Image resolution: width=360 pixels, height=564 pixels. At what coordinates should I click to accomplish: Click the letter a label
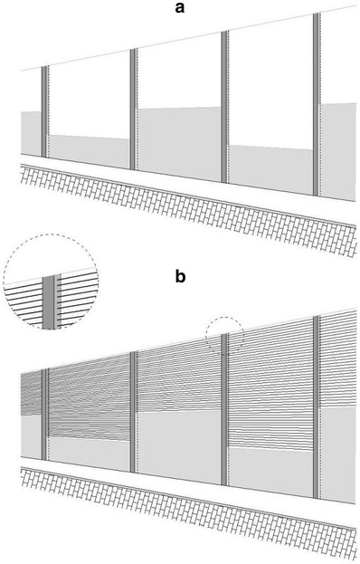[180, 7]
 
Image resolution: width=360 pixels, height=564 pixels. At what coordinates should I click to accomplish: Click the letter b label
[180, 276]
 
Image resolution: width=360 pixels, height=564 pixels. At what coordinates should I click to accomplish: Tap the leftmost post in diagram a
[44, 112]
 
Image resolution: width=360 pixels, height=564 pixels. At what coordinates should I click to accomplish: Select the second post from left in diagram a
[133, 109]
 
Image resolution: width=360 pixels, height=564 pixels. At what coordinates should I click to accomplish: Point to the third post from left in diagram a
[224, 107]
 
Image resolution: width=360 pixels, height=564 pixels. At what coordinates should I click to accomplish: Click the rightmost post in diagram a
[317, 105]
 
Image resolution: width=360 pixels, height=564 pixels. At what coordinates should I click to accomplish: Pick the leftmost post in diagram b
[44, 415]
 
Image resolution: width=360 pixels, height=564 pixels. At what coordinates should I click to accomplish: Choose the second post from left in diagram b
[133, 412]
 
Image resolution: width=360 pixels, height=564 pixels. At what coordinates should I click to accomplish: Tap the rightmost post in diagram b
[317, 407]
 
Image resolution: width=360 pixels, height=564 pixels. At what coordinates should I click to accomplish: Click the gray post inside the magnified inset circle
[49, 302]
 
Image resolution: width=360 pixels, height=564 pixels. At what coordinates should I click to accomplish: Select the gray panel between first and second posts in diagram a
[90, 151]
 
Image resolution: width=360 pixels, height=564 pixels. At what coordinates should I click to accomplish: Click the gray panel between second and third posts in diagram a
[179, 144]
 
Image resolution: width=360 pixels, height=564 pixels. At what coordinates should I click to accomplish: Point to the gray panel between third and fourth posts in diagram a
[270, 170]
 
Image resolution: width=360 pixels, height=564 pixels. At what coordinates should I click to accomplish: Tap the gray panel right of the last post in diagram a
[338, 152]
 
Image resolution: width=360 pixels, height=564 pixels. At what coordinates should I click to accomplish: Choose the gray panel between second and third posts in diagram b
[179, 447]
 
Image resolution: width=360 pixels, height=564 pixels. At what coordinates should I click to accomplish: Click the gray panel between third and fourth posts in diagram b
[270, 473]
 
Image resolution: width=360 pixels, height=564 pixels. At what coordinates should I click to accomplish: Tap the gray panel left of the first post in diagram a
[31, 133]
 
